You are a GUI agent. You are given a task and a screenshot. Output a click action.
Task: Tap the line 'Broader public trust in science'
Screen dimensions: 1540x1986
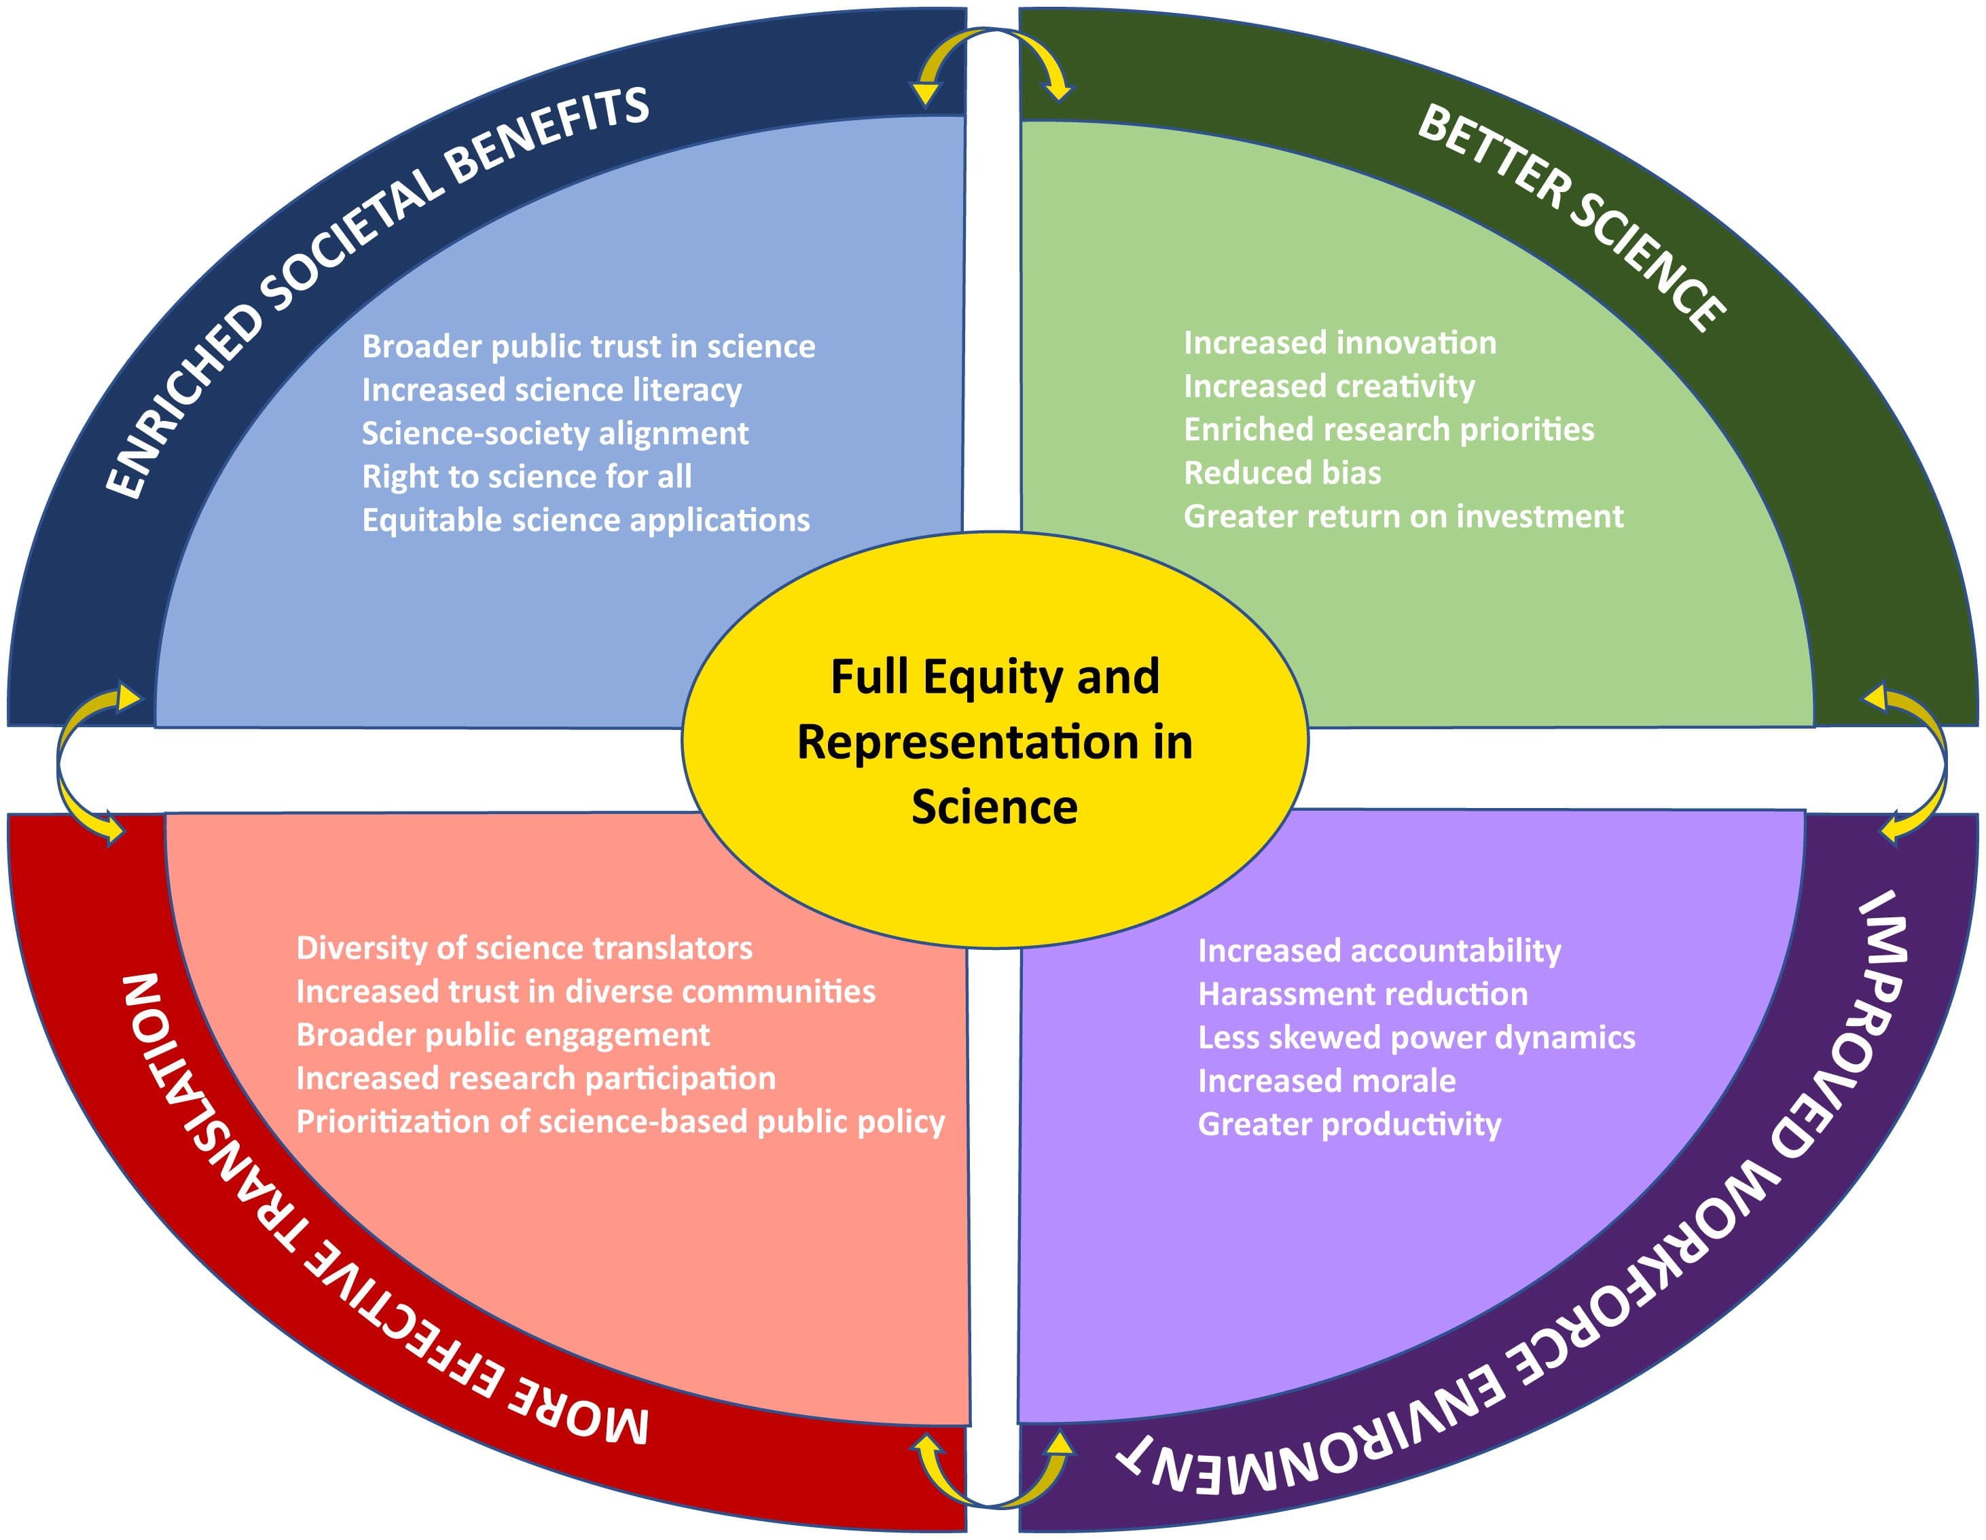click(588, 346)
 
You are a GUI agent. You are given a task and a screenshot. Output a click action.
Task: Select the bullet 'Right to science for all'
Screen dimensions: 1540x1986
click(526, 477)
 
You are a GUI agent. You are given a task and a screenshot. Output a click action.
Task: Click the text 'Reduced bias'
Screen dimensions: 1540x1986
click(1282, 473)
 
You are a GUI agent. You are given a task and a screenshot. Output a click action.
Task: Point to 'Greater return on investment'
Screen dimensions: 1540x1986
click(1403, 516)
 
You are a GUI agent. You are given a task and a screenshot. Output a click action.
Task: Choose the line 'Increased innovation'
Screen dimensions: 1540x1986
click(1339, 343)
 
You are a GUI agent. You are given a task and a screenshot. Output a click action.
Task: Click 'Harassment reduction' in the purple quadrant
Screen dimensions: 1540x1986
click(1362, 993)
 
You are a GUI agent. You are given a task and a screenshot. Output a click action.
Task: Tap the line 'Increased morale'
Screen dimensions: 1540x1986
click(1326, 1081)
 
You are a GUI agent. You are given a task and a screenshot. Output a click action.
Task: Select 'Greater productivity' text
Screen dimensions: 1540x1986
click(1350, 1124)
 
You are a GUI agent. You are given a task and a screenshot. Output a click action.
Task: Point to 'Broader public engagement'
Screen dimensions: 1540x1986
click(503, 1035)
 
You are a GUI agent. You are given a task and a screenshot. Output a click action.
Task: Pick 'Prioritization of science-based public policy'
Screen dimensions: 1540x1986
click(620, 1122)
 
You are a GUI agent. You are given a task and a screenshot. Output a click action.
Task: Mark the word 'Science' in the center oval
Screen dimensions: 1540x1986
click(995, 807)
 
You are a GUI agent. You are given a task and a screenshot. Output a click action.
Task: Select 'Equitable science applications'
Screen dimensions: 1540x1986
click(585, 520)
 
